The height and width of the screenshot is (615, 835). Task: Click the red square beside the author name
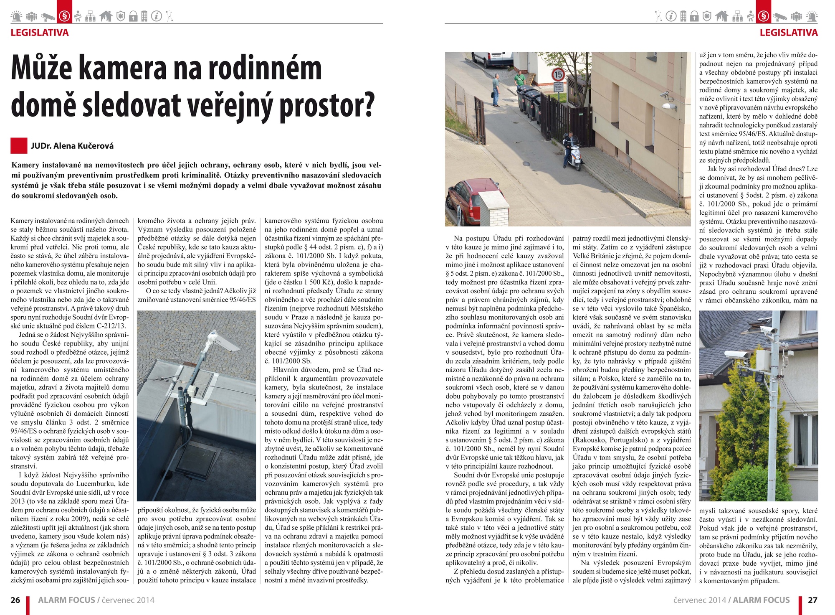[x=19, y=146]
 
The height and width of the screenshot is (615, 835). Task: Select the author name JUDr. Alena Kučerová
[x=72, y=146]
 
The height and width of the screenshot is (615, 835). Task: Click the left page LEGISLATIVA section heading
[x=40, y=33]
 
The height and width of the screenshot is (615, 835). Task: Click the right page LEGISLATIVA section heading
[x=788, y=33]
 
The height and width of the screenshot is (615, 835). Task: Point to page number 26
[x=15, y=600]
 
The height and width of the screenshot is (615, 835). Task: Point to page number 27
[x=812, y=600]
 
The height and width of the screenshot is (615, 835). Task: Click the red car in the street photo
[x=465, y=201]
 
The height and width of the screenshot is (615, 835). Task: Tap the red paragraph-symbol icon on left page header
[x=64, y=16]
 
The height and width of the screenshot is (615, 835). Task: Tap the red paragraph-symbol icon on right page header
[x=764, y=16]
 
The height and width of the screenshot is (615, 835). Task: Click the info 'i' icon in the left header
[x=156, y=16]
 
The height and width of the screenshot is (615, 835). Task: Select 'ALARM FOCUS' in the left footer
[x=66, y=600]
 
